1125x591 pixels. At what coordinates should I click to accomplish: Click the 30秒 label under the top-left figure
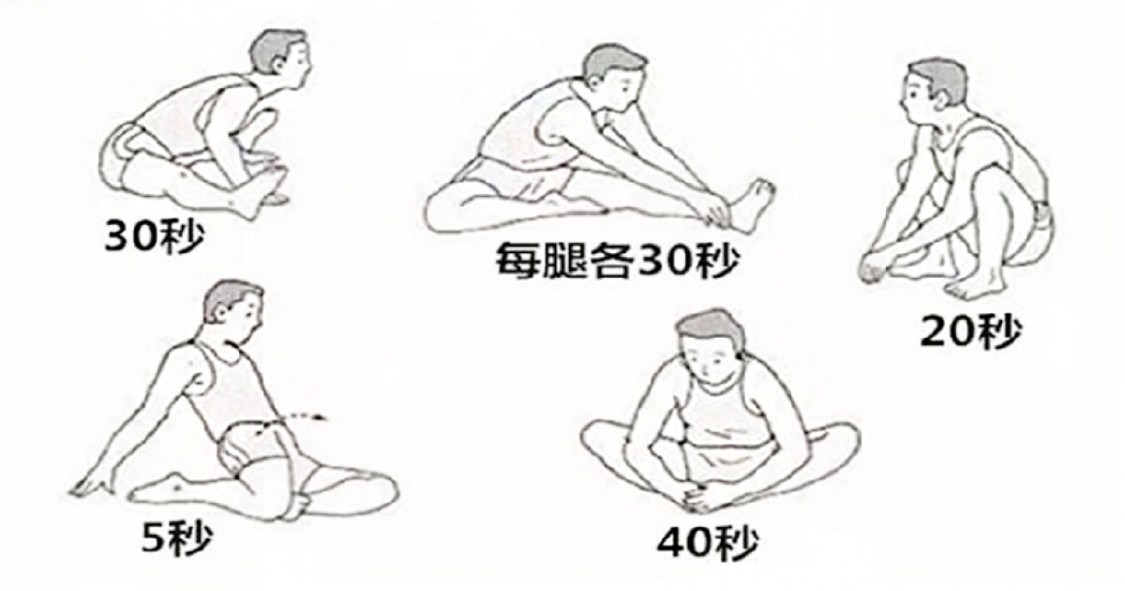click(x=154, y=235)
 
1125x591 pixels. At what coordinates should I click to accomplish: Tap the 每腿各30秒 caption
click(x=618, y=262)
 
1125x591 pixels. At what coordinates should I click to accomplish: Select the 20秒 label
click(x=971, y=332)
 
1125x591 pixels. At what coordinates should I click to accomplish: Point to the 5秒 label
click(x=176, y=538)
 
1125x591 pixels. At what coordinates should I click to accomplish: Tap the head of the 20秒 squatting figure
click(x=933, y=94)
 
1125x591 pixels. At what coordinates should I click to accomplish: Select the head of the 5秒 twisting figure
click(x=233, y=311)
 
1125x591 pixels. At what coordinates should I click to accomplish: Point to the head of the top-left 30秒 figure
click(x=280, y=57)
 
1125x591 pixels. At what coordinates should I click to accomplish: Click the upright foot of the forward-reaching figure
click(x=750, y=206)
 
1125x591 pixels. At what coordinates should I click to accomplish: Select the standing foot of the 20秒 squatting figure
click(x=974, y=287)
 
